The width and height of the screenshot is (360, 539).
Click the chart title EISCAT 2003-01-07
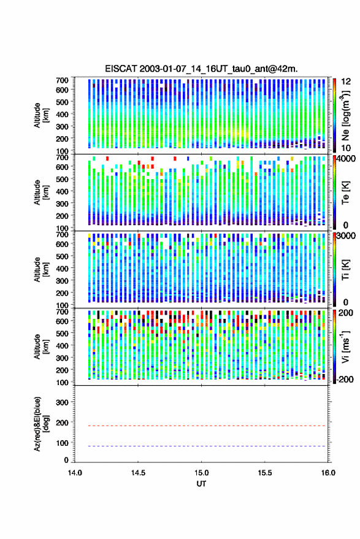coord(201,69)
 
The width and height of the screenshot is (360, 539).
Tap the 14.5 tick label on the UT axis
coord(138,473)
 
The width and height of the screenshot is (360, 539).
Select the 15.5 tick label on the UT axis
coord(265,473)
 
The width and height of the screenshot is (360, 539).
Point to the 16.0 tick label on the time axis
coord(328,473)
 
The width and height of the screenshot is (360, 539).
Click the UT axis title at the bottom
coord(201,484)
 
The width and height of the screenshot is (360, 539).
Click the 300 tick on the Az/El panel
coord(62,402)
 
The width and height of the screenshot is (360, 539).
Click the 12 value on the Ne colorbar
coord(346,82)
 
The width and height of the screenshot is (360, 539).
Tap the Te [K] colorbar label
coord(345,193)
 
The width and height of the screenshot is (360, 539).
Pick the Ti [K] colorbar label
coord(345,270)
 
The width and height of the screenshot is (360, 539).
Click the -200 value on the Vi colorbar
coord(345,379)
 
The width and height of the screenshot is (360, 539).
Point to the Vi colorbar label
coord(345,346)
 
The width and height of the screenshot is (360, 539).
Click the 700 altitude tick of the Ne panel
coord(62,80)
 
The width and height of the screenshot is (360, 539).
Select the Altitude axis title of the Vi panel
coord(41,346)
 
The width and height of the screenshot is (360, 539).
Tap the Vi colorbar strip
coord(335,346)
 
